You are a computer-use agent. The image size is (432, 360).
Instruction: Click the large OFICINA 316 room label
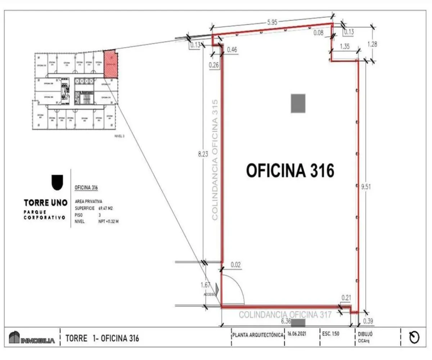(x=290, y=170)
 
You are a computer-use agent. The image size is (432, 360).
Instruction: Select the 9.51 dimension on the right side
(x=366, y=186)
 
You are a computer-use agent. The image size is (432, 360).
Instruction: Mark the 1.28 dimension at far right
(x=372, y=44)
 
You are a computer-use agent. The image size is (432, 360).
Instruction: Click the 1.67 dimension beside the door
(x=206, y=285)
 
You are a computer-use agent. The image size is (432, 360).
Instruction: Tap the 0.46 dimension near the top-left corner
(x=233, y=50)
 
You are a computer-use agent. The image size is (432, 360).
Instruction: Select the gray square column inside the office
(x=298, y=103)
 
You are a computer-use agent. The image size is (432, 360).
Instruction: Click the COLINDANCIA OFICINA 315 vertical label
(x=215, y=159)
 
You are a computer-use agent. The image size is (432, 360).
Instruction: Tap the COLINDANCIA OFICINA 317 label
(x=285, y=315)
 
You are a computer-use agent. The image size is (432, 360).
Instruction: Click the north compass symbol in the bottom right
(x=414, y=338)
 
